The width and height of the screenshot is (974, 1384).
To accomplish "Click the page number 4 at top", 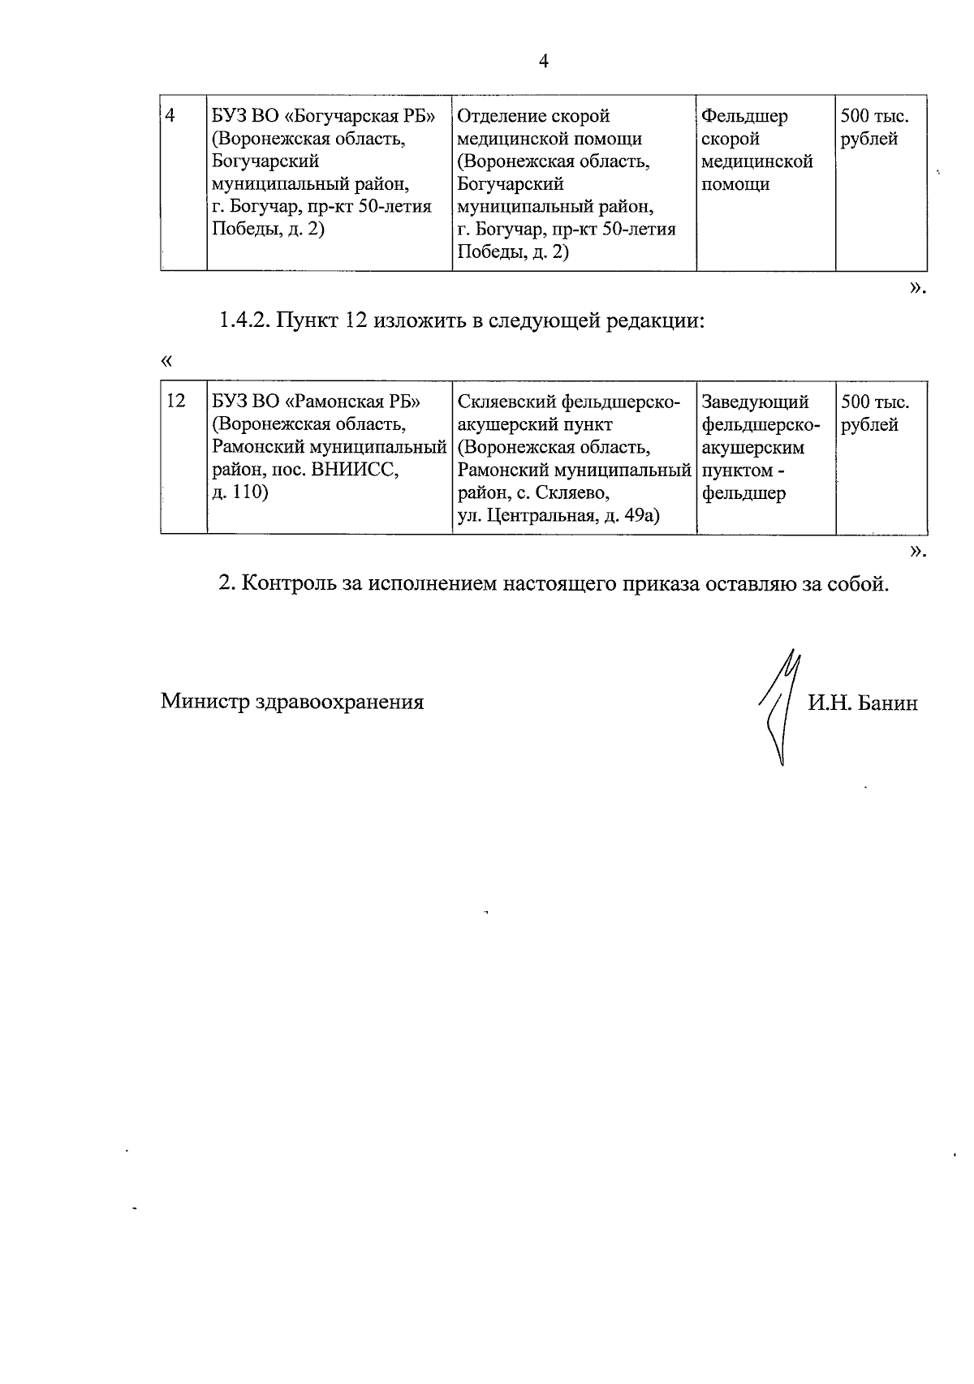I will coord(544,61).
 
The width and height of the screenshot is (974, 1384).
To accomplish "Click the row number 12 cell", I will coord(175,402).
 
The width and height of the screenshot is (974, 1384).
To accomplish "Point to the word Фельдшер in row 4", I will coord(744,116).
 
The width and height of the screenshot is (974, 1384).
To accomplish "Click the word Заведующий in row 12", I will coord(756,402).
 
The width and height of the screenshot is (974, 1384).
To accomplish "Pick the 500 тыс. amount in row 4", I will coord(875,116).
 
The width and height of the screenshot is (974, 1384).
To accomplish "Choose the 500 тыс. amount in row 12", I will coord(875,402).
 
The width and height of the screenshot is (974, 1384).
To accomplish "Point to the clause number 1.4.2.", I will coord(243,320).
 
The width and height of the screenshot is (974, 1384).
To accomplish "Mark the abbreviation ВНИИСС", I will coord(356,470).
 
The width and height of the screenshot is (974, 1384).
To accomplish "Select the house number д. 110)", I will coord(239,492).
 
